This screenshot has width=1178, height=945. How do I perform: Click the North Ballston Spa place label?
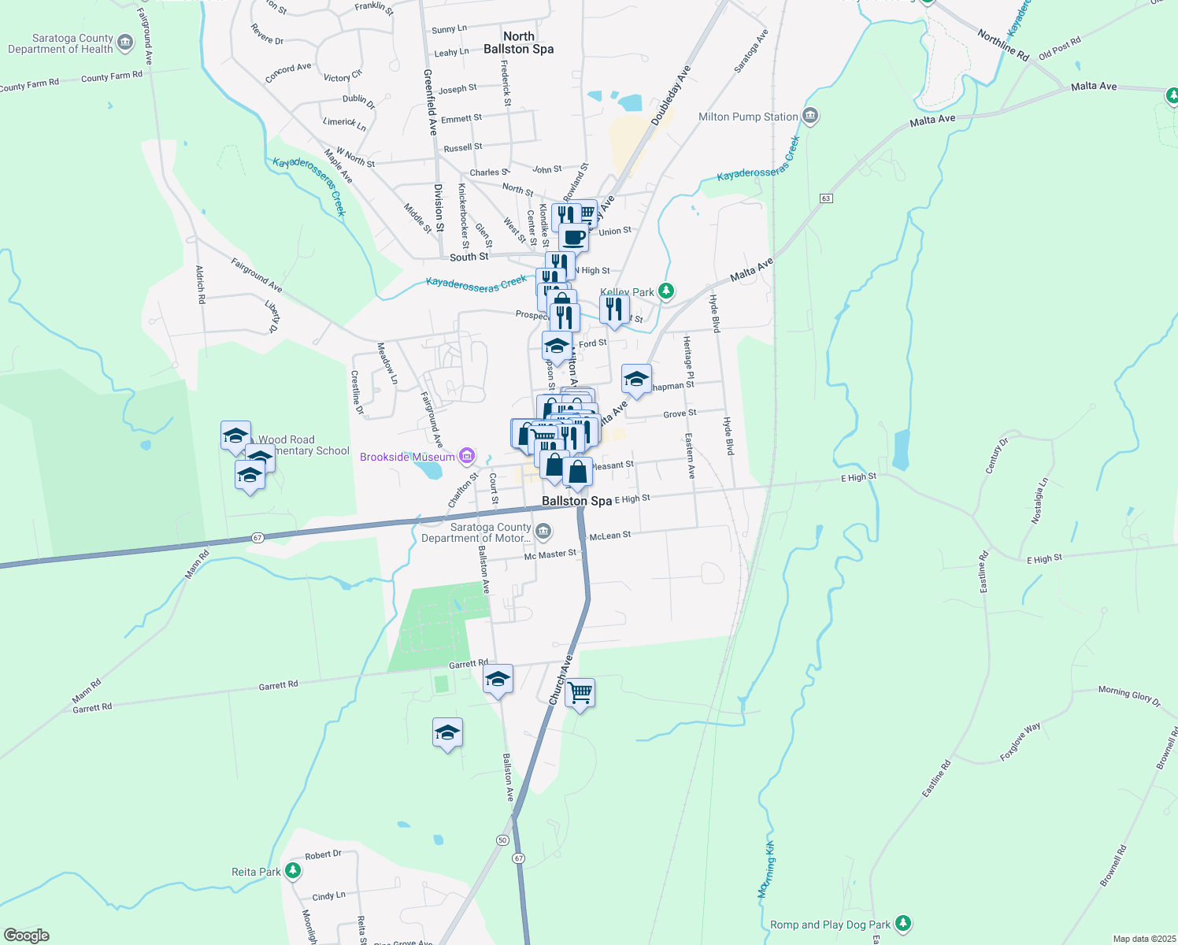click(x=518, y=43)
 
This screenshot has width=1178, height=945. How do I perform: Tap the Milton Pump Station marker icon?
click(x=810, y=117)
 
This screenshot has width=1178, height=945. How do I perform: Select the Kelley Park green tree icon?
click(x=666, y=291)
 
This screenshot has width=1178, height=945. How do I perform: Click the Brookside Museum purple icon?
click(x=467, y=456)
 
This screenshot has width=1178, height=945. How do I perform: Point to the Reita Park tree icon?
click(x=293, y=871)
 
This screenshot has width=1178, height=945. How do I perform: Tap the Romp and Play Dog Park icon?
click(x=902, y=924)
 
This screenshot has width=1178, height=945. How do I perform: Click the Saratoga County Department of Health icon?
click(x=125, y=43)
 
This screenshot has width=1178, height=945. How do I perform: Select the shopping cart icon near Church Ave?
click(x=580, y=693)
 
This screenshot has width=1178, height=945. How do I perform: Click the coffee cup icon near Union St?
click(x=574, y=236)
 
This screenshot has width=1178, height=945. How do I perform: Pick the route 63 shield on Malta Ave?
click(x=826, y=198)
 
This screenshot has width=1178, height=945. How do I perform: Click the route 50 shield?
click(x=502, y=840)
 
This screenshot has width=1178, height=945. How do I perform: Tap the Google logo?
click(x=27, y=935)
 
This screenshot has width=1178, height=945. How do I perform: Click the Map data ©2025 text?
click(x=1142, y=939)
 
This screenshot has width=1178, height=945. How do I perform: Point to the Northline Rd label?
click(x=1003, y=45)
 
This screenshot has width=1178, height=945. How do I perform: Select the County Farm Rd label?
click(x=112, y=76)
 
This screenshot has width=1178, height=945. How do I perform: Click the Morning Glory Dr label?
click(x=1129, y=695)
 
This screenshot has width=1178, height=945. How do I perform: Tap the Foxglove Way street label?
click(x=1020, y=742)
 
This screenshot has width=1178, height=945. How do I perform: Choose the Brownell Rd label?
click(x=1113, y=865)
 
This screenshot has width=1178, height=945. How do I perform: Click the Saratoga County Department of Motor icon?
click(x=543, y=532)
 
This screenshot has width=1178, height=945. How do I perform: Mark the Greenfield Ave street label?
click(x=429, y=102)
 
